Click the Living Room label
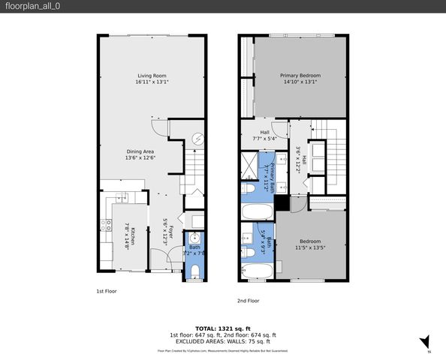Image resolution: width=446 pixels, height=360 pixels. [x=151, y=79]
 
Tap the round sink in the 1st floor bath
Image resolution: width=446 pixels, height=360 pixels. [x=194, y=241]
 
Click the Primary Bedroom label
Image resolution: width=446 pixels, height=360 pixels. [x=300, y=79]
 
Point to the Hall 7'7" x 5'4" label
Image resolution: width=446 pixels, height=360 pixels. [x=264, y=135]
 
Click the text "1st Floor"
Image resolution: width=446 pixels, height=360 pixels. [x=106, y=290]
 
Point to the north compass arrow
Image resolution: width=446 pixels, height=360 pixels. [x=424, y=342]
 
